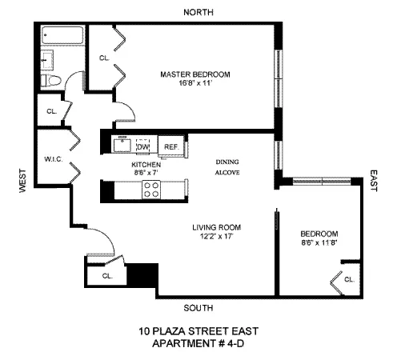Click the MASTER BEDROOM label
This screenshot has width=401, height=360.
pos(194,74)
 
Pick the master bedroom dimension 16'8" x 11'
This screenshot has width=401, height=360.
pos(194,83)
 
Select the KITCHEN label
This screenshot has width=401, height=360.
pos(146,164)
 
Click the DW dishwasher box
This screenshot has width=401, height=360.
pos(143,146)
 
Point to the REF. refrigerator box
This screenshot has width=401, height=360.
pos(170,147)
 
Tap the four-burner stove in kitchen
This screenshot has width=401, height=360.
pos(150,190)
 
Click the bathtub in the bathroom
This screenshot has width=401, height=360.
pos(63,36)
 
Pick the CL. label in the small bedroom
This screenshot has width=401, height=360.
pos(349,279)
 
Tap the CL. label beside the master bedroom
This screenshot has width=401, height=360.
pos(104,58)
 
